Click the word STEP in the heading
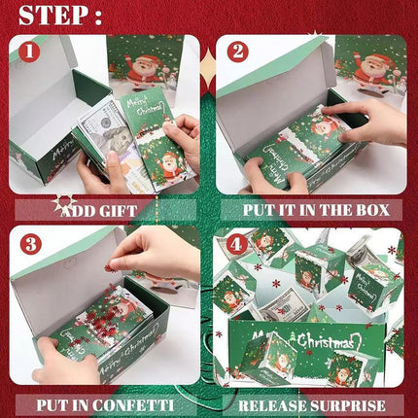(x=53, y=15)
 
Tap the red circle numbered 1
(x=29, y=52)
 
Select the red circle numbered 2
(x=238, y=52)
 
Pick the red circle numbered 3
(x=31, y=244)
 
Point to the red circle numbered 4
(x=236, y=245)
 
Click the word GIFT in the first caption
(x=118, y=211)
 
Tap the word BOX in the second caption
(x=372, y=210)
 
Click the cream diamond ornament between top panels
(x=208, y=69)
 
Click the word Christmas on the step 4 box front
(x=325, y=341)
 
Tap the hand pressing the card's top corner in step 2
(x=366, y=122)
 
